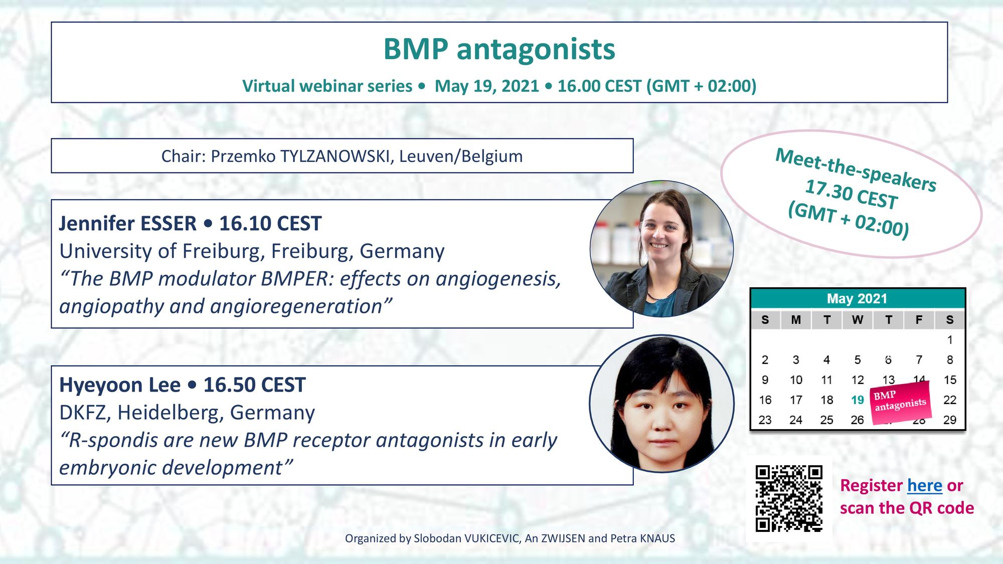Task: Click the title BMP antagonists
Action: [x=499, y=49]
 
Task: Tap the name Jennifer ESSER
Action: [x=128, y=224]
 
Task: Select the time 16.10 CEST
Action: [x=270, y=224]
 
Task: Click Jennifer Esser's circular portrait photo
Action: [x=661, y=249]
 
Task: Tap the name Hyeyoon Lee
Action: [x=120, y=385]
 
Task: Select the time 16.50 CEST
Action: [x=254, y=385]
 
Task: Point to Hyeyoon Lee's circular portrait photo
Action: [x=661, y=404]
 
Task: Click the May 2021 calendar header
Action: [x=857, y=299]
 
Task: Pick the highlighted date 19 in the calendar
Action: [x=858, y=400]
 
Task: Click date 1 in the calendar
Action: [x=949, y=340]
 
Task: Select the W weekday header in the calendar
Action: [x=858, y=320]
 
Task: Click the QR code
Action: [x=789, y=498]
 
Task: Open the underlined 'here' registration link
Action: [x=925, y=485]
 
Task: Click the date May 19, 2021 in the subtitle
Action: [x=486, y=86]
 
